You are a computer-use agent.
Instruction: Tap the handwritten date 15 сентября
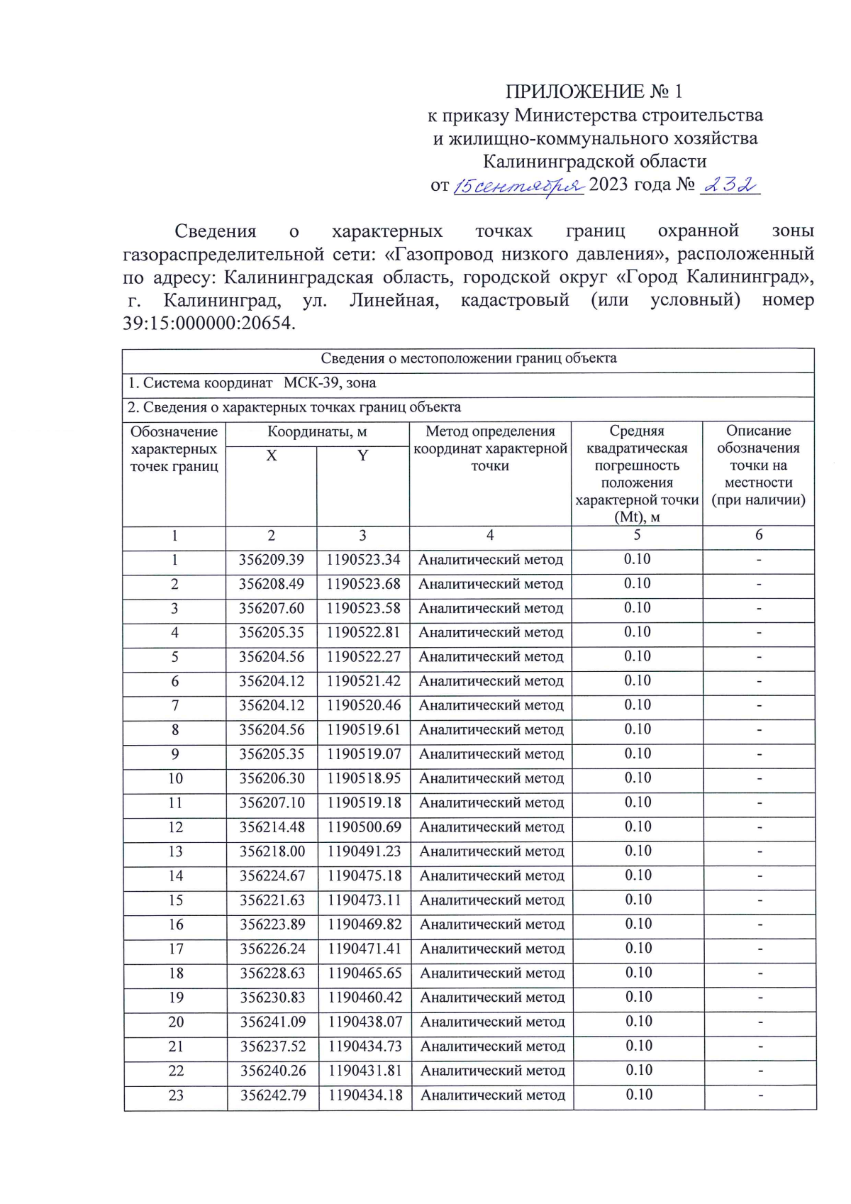[x=518, y=186]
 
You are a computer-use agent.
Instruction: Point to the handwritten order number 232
[x=730, y=185]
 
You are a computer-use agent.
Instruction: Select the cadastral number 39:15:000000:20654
[x=208, y=324]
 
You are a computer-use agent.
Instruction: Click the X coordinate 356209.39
[x=271, y=560]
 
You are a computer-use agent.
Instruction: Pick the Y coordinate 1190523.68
[x=363, y=584]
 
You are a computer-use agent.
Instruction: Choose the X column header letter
[x=271, y=455]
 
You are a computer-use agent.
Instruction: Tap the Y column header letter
[x=362, y=455]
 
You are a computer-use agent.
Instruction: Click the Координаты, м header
[x=317, y=431]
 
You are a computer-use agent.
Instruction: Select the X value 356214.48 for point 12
[x=272, y=827]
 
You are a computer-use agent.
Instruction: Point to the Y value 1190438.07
[x=365, y=1022]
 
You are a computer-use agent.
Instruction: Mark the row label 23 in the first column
[x=176, y=1095]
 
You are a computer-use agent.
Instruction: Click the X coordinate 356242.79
[x=273, y=1095]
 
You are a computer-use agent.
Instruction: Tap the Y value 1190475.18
[x=364, y=876]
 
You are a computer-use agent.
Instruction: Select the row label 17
[x=176, y=949]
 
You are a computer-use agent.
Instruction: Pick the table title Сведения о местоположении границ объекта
[x=468, y=358]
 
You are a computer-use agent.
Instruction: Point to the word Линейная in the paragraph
[x=394, y=300]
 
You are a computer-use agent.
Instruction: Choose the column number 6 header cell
[x=758, y=535]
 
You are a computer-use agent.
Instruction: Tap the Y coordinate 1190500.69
[x=364, y=827]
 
